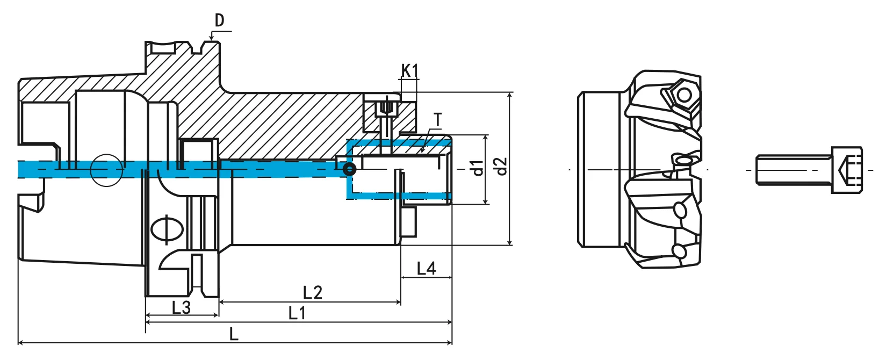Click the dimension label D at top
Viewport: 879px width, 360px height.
tap(219, 20)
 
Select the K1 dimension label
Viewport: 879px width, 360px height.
tap(409, 70)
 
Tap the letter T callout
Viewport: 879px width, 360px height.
tap(438, 120)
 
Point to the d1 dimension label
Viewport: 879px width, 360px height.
tap(476, 168)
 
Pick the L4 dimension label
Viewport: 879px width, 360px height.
tap(427, 268)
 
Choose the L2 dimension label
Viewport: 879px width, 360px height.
tap(312, 292)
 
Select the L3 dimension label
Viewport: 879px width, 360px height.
tap(181, 307)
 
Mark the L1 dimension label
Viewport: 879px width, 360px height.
tap(297, 313)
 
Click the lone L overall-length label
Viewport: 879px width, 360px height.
tap(234, 334)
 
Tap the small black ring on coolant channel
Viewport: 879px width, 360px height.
tap(349, 170)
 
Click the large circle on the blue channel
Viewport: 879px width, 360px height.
tap(106, 170)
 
